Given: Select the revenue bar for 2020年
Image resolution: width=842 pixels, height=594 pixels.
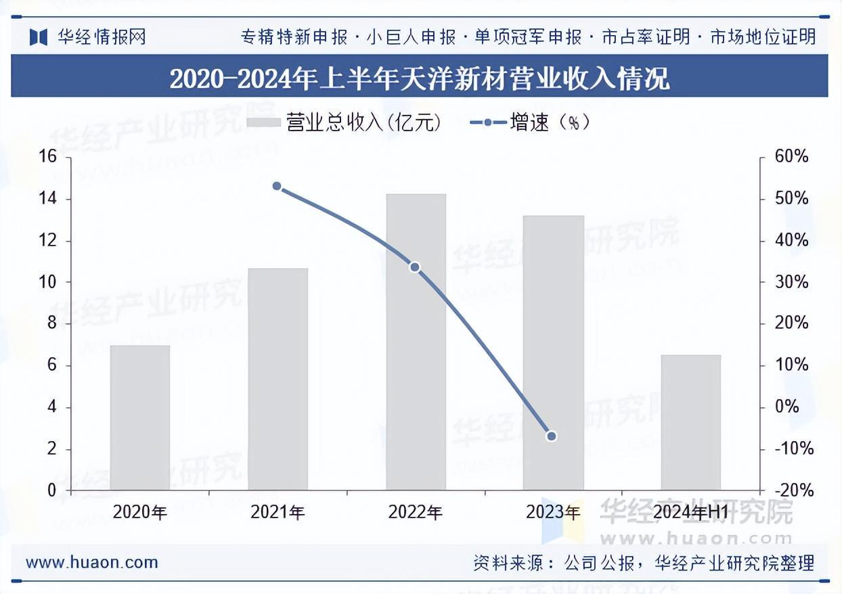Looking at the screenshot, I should click(x=140, y=417).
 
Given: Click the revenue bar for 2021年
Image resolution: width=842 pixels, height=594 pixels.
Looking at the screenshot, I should click(x=278, y=379).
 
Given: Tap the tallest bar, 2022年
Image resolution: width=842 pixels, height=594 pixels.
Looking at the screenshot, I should click(x=416, y=342).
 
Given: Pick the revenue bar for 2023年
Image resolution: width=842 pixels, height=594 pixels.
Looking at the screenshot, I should click(x=553, y=352).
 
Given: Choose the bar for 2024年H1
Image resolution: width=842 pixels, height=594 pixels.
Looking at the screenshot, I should click(x=690, y=422).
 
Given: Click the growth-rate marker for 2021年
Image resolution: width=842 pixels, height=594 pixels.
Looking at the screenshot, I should click(x=276, y=186).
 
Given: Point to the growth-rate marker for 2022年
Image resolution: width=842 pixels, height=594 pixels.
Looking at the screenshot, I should click(x=415, y=267).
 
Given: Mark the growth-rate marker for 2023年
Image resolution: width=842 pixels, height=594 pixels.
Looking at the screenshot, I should click(x=551, y=436).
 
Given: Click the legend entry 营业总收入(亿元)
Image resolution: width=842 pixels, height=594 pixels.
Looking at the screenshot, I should click(x=343, y=122).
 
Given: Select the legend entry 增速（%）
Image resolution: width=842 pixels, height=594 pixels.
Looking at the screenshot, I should click(x=530, y=122).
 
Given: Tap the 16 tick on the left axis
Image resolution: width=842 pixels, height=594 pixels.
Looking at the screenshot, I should click(x=47, y=157).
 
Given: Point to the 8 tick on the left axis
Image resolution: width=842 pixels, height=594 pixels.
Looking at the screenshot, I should click(x=51, y=324).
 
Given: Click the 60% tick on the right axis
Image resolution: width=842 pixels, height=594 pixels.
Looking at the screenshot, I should click(x=791, y=157).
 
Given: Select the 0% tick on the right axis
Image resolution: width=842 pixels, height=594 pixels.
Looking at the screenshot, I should click(x=786, y=407).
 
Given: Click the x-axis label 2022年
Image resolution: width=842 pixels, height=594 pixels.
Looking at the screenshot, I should click(x=415, y=512).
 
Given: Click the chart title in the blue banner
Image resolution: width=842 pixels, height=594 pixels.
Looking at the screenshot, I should click(x=420, y=78).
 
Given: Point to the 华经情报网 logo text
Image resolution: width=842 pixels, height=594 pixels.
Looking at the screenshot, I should click(x=102, y=37).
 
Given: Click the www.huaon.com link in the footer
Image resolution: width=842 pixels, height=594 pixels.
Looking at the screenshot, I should click(x=91, y=562).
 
